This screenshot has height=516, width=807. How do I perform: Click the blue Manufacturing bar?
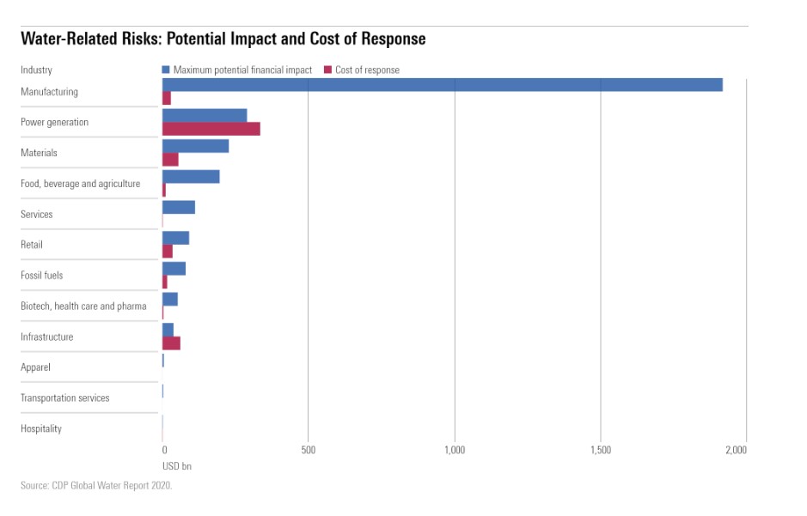(442, 85)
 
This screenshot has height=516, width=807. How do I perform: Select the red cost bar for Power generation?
(211, 129)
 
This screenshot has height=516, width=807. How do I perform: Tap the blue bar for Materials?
(195, 146)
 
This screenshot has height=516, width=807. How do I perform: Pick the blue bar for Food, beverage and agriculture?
(191, 176)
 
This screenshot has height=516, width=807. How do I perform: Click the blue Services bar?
(179, 207)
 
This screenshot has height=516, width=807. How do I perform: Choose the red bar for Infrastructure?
(171, 343)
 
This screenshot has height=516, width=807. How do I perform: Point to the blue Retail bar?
(175, 238)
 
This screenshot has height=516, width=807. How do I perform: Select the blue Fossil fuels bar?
(174, 269)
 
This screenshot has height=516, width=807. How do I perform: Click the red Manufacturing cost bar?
(167, 99)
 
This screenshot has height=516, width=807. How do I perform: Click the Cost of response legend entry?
(367, 70)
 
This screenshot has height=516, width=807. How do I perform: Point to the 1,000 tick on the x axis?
(455, 449)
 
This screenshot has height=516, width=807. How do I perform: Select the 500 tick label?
(309, 449)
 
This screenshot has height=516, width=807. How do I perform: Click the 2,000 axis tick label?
(735, 449)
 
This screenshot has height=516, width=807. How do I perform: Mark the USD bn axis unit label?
(177, 465)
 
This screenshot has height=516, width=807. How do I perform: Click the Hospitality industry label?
(41, 428)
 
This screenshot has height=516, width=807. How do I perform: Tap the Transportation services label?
(65, 398)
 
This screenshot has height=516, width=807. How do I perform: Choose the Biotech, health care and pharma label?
(83, 306)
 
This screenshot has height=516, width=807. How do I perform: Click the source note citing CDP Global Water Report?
(96, 486)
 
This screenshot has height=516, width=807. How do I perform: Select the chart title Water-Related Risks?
(223, 39)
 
